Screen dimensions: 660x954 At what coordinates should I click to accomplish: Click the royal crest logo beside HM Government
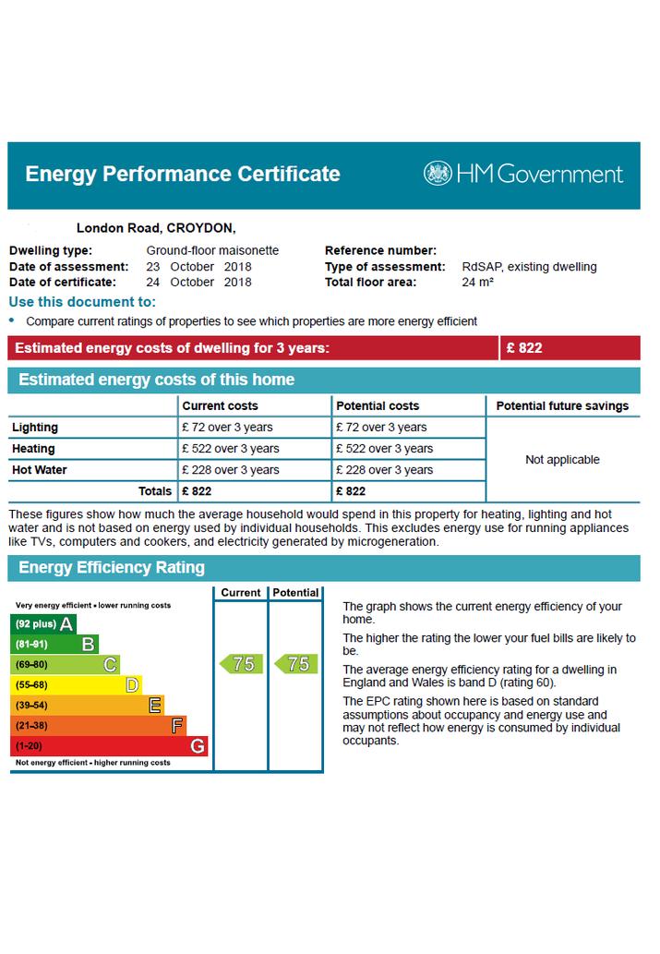(x=438, y=174)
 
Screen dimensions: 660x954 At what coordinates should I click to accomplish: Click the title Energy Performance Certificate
(x=183, y=174)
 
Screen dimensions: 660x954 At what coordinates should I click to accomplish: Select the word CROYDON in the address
(x=201, y=228)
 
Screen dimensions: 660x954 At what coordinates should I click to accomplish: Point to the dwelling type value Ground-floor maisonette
(x=212, y=250)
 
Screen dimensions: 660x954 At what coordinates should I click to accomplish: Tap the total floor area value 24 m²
(x=477, y=283)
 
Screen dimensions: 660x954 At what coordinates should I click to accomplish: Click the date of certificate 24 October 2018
(x=198, y=283)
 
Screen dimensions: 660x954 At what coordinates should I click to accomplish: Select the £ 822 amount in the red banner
(x=524, y=348)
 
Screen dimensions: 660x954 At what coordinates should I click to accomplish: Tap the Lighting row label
(x=35, y=427)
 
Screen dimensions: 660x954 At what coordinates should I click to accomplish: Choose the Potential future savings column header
(x=563, y=405)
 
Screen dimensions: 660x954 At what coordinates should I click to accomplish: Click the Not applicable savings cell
(x=563, y=460)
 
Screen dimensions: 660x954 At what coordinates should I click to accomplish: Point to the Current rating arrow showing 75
(x=241, y=664)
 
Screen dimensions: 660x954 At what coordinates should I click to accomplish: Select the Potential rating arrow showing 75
(x=295, y=664)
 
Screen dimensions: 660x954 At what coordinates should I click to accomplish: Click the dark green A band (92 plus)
(x=43, y=624)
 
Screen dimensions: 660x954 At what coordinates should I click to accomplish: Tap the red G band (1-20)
(x=110, y=746)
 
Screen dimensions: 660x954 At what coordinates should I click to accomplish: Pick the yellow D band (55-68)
(x=77, y=685)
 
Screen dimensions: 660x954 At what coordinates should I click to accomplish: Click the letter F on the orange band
(x=177, y=726)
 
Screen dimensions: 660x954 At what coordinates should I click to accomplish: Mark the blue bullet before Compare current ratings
(x=12, y=320)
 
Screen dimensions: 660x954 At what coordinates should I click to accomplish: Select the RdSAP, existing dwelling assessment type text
(x=529, y=267)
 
